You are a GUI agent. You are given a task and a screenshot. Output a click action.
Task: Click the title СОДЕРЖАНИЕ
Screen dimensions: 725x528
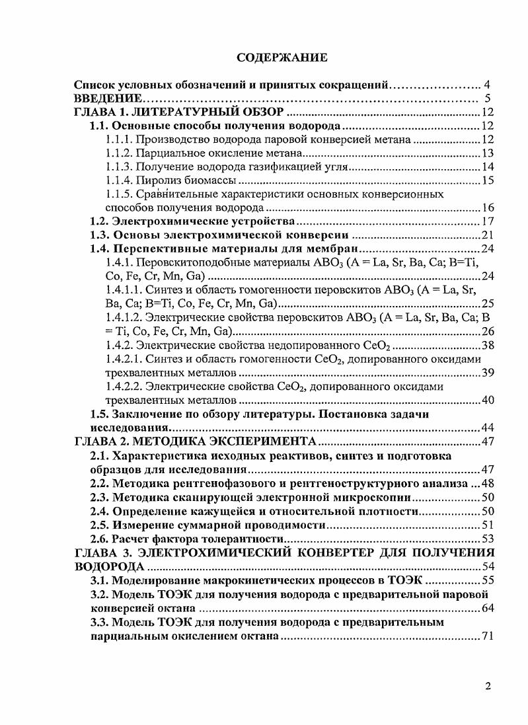[x=282, y=58]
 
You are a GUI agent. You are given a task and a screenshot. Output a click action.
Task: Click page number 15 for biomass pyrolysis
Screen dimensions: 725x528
[x=488, y=180]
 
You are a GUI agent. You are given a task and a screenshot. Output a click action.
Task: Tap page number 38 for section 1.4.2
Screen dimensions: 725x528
[x=488, y=345]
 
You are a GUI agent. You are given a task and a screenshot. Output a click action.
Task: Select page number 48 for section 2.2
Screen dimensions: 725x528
[x=488, y=483]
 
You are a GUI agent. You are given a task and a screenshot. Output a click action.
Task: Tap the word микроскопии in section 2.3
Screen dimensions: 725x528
[x=376, y=497]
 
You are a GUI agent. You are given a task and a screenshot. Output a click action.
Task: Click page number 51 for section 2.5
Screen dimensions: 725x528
[x=488, y=525]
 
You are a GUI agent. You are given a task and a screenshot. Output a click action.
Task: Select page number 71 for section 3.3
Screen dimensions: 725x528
[x=488, y=636]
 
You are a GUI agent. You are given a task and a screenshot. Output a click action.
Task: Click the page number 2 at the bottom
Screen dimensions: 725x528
[x=488, y=686]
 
